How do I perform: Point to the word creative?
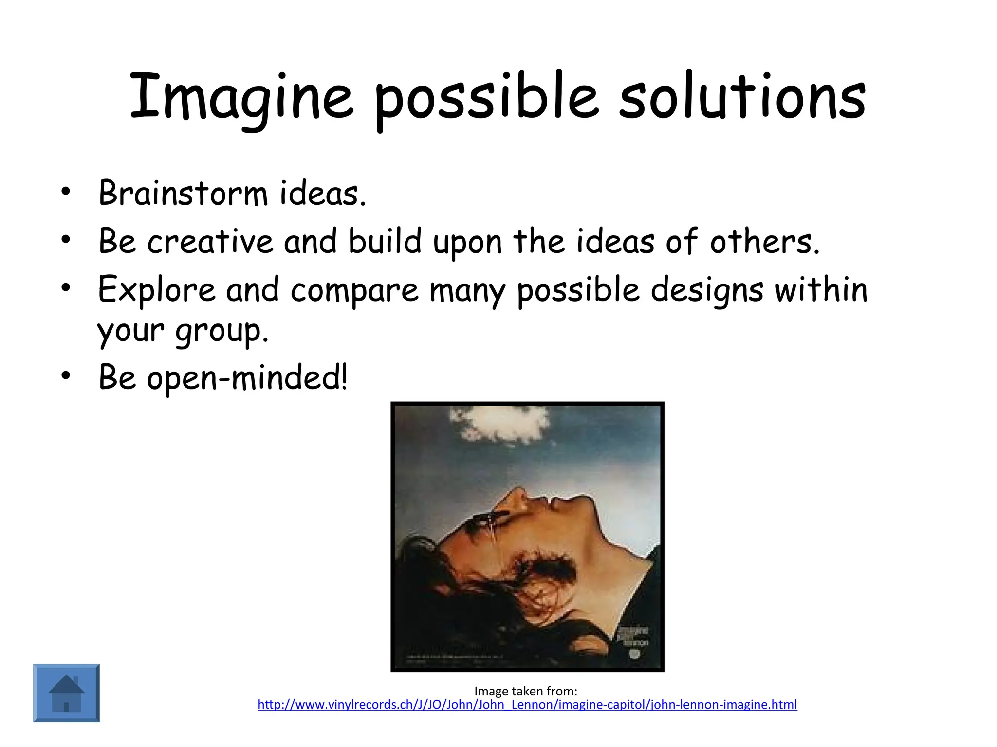(x=210, y=241)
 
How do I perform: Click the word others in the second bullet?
(x=764, y=241)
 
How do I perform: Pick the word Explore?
(x=156, y=290)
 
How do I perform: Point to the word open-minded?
(x=247, y=377)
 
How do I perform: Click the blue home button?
(x=66, y=693)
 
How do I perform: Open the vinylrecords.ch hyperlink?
(x=527, y=705)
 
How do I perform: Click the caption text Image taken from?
(x=526, y=691)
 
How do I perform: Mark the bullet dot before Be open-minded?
(x=66, y=375)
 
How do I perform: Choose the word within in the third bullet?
(x=821, y=290)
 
